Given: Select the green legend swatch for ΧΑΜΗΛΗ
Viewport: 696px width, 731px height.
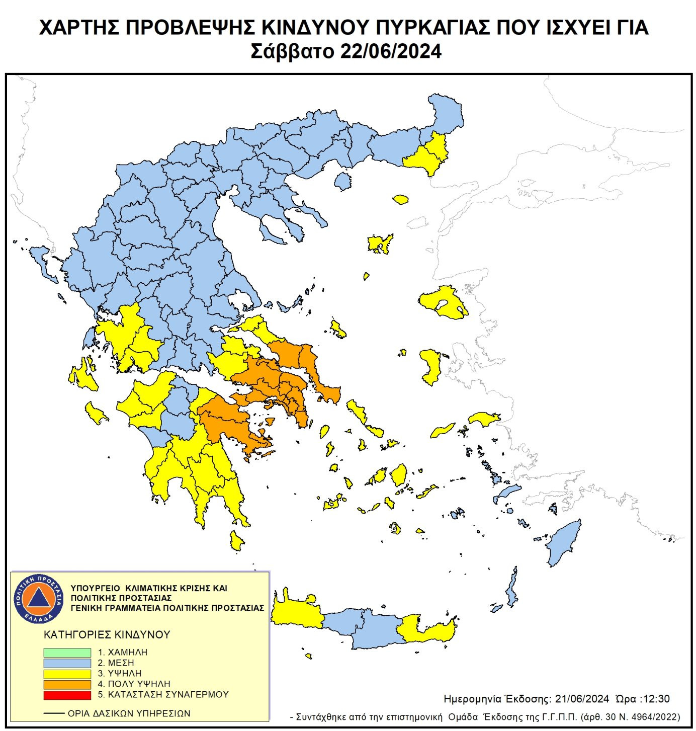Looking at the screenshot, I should (x=67, y=653).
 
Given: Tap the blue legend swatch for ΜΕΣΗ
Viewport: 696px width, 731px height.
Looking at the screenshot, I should (x=67, y=663).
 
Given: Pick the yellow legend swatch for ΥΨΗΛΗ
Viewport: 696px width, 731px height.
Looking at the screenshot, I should (x=67, y=674).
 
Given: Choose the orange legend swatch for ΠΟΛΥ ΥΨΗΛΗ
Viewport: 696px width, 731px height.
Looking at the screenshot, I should (x=67, y=684).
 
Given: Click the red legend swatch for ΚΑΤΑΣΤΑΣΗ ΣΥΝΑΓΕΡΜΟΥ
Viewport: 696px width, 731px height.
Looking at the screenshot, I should (x=67, y=695).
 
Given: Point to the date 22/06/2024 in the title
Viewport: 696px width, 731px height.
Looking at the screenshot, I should (x=391, y=51).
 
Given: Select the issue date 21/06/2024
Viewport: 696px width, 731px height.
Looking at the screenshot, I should (x=582, y=699).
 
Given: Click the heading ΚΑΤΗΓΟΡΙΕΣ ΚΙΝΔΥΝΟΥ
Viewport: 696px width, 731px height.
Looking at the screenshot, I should (x=107, y=635).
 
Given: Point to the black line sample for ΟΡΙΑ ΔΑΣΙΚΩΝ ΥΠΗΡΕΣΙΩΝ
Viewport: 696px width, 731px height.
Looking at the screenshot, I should (x=54, y=713).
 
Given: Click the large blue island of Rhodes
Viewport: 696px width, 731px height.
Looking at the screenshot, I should (x=563, y=543).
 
